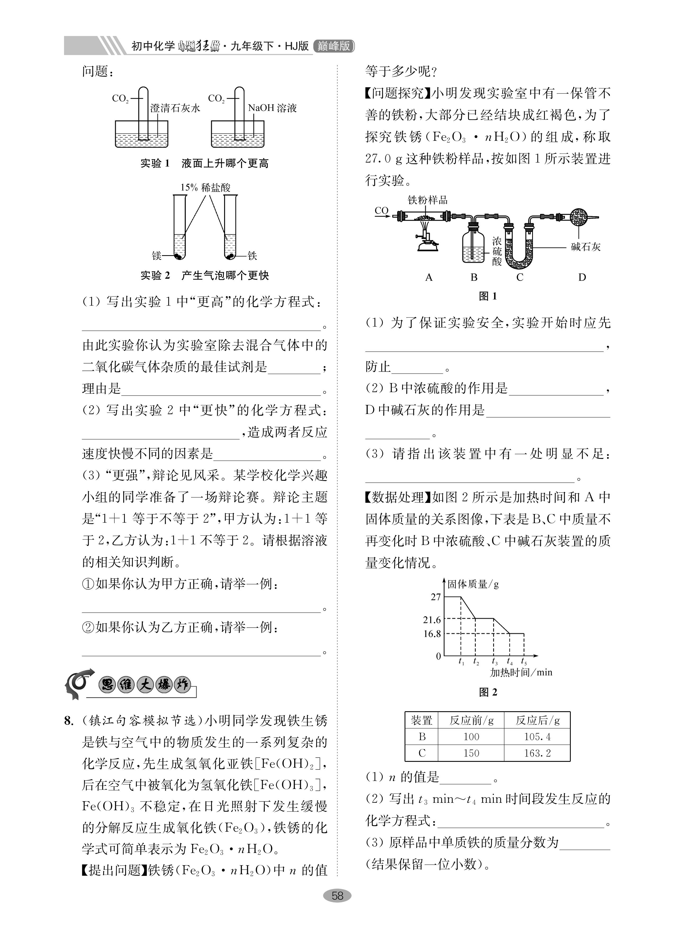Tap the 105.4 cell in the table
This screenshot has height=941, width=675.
coord(537,736)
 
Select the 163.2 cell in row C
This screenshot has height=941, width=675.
coord(537,753)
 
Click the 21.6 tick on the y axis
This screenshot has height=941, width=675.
coord(432,620)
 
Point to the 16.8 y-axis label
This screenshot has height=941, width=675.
coord(432,634)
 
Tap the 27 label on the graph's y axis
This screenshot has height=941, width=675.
coord(436,597)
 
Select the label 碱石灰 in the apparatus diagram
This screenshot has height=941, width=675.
coord(585,247)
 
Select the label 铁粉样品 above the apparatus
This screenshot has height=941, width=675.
coord(427,200)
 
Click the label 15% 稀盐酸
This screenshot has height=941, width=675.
coord(205,187)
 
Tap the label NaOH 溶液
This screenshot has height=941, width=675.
coord(272,108)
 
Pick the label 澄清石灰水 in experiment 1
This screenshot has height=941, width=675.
coord(175,108)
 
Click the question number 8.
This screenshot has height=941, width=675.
coord(69,721)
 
